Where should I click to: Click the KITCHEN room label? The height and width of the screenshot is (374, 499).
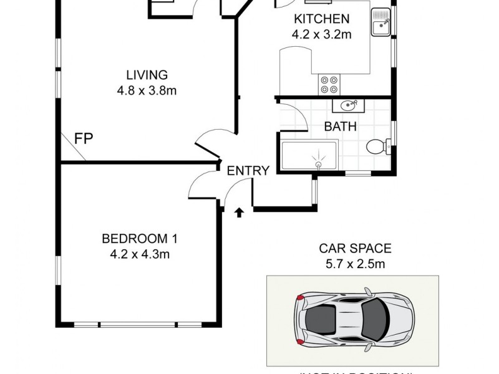(322, 19)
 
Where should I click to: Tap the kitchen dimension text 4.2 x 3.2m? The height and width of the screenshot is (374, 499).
(322, 34)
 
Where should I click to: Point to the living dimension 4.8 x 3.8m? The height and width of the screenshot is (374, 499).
(147, 90)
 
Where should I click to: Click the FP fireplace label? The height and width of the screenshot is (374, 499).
(83, 138)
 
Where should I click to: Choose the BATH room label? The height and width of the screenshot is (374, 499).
(340, 127)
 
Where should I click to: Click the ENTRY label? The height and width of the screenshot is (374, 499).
(248, 171)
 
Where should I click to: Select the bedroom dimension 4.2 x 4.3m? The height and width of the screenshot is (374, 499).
(140, 254)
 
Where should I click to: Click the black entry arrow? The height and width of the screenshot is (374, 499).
(238, 213)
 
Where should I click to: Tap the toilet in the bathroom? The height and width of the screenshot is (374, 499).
(377, 147)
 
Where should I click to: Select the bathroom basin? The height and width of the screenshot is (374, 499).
(345, 105)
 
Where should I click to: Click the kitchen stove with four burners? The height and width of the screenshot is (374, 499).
(329, 84)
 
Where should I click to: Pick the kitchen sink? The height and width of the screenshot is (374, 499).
(380, 26)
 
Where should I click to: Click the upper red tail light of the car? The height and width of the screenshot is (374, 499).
(301, 298)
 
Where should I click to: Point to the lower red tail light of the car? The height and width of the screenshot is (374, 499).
(301, 342)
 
